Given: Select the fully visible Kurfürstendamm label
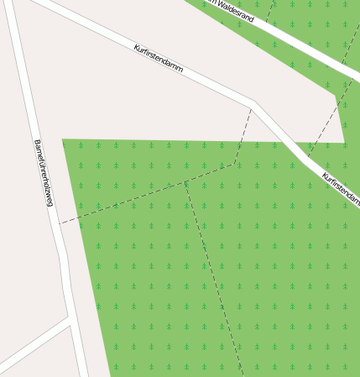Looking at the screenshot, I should point(158,58).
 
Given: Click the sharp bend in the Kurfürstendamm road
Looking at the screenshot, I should point(254,106).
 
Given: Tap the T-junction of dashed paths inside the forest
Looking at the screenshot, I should point(185,181).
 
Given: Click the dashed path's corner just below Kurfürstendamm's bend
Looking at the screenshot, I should point(235,163).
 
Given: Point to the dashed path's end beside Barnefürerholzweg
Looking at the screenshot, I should point(60,223).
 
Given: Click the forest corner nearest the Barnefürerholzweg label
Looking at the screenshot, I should point(63,139).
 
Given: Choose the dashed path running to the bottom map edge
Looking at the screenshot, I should point(214,277).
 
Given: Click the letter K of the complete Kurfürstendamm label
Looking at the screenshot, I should point(136,47).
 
